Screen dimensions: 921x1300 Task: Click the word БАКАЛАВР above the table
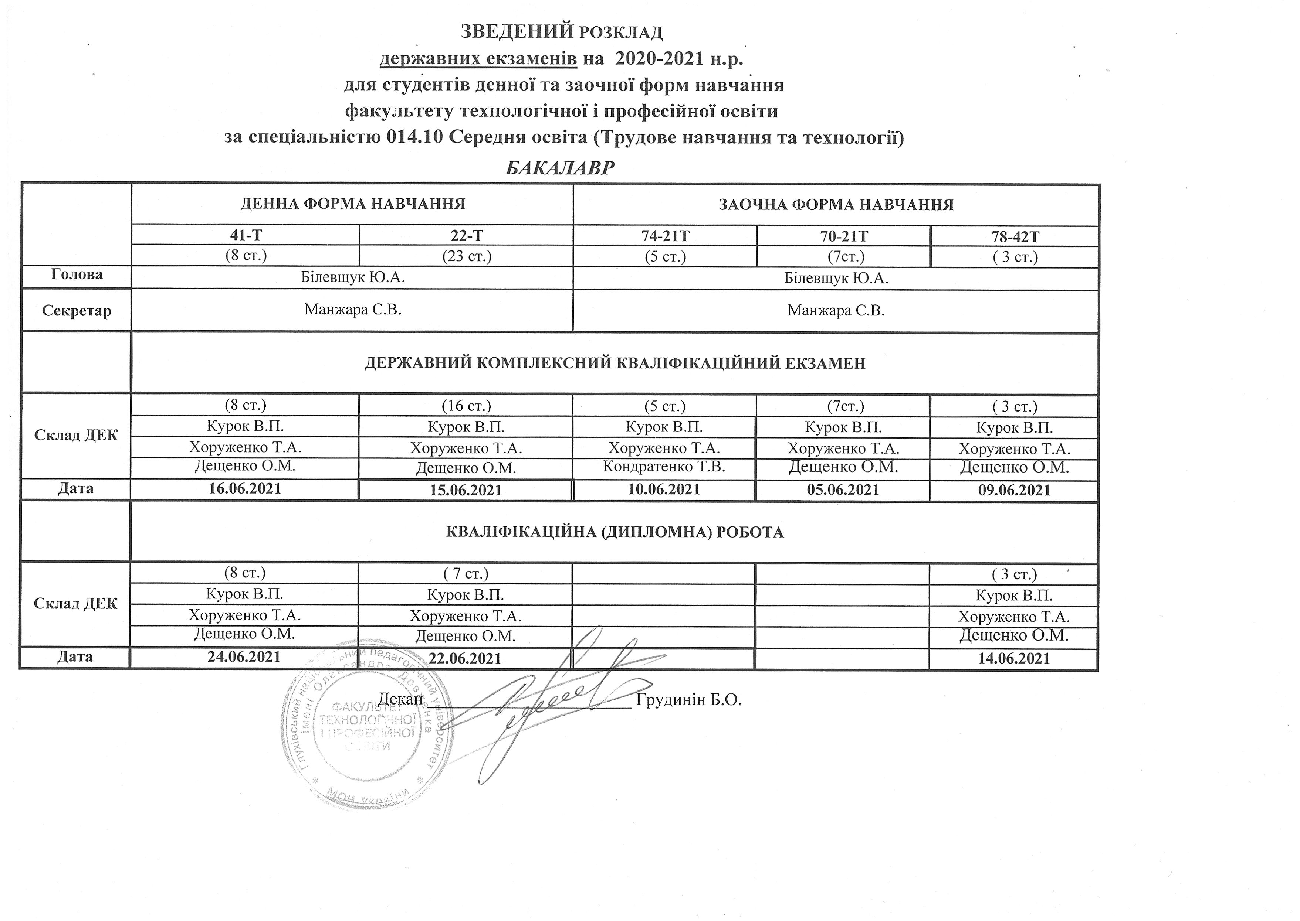(x=560, y=168)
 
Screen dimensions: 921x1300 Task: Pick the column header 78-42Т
(x=1014, y=236)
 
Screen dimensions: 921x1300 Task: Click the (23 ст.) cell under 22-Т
(x=467, y=256)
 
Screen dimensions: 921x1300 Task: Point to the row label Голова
(x=77, y=274)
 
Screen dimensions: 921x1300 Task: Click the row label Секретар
(x=77, y=310)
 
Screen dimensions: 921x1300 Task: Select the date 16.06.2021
(x=245, y=488)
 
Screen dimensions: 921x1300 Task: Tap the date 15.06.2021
(x=466, y=490)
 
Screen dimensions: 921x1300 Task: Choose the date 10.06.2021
(x=664, y=489)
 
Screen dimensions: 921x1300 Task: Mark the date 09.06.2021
(x=1014, y=490)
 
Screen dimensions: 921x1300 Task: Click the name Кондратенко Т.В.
(x=664, y=467)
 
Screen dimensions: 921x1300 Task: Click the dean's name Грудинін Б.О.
(x=689, y=699)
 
